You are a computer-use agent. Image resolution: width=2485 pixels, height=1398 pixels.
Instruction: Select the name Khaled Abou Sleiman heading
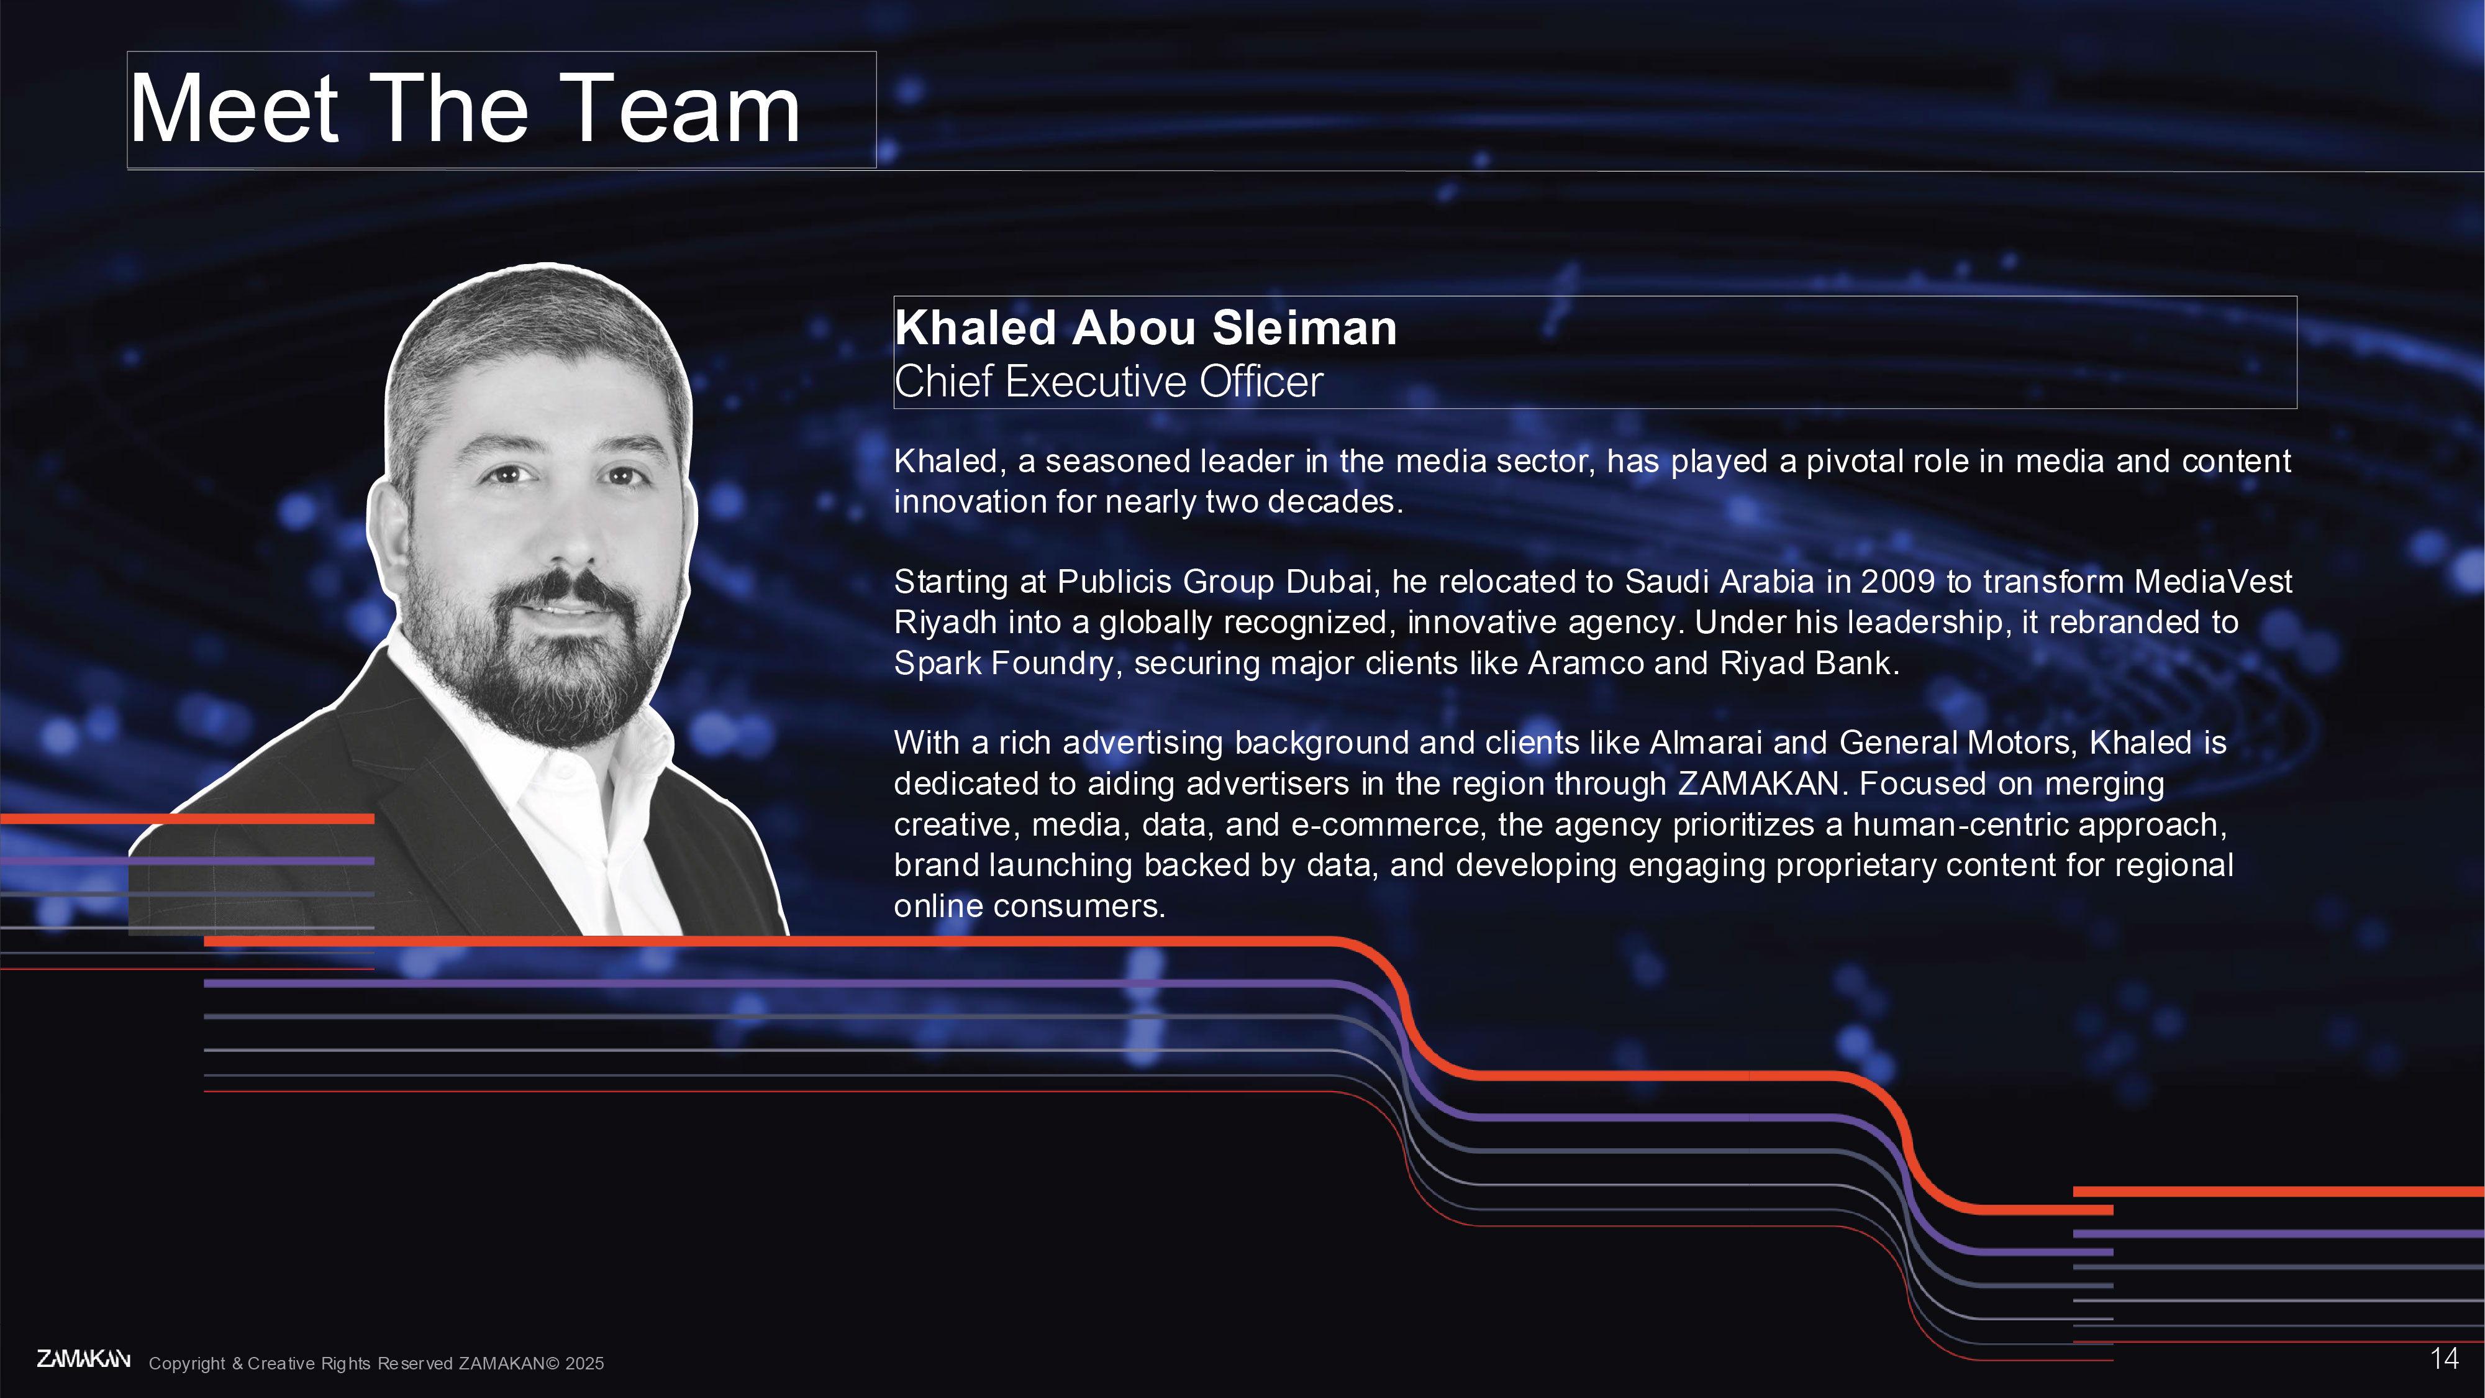coord(1145,328)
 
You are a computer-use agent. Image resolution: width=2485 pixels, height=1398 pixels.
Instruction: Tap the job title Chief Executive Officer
coord(1109,381)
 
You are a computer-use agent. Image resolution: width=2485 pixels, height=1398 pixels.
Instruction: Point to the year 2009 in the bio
coord(1897,582)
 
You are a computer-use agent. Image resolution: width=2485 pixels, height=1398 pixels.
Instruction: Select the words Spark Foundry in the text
coord(1003,664)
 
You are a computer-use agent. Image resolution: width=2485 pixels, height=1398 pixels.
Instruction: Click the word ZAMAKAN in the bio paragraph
coord(1758,784)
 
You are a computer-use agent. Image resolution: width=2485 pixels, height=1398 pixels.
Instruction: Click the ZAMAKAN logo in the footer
coord(84,1359)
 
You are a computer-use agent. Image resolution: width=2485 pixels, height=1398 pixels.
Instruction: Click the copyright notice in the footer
coord(376,1363)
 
